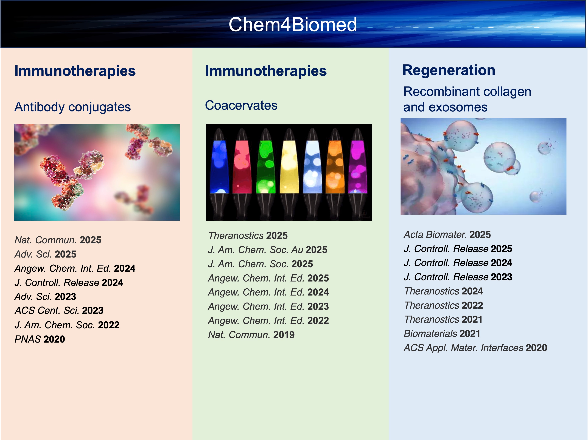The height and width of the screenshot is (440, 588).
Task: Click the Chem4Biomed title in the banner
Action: tap(292, 24)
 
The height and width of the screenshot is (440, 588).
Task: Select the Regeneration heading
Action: tap(449, 70)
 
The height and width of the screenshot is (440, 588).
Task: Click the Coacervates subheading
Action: tap(241, 105)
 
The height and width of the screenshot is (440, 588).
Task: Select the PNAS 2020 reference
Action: tap(40, 339)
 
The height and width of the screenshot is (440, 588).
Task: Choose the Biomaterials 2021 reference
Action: tap(442, 334)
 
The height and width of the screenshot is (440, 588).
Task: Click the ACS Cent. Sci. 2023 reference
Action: tap(59, 311)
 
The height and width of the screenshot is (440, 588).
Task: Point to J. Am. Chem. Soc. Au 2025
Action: tap(268, 250)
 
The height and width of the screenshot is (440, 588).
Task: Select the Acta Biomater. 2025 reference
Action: tap(447, 234)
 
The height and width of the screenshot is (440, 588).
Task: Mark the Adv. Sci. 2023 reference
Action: tap(45, 297)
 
